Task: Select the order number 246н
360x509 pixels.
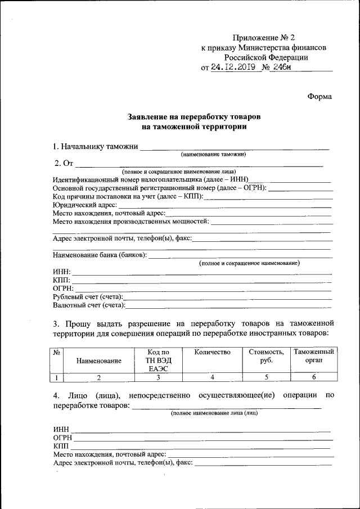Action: pos(285,67)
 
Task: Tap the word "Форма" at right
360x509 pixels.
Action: pos(319,96)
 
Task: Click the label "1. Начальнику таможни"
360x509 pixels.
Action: pos(95,147)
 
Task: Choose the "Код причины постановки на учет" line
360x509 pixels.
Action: pos(128,197)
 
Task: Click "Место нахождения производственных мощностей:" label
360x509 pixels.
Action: pos(130,222)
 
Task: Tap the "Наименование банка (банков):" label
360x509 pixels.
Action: pos(100,255)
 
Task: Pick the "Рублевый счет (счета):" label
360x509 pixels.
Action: pos(88,296)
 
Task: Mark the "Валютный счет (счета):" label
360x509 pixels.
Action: pos(89,305)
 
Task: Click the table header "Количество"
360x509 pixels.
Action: pos(212,352)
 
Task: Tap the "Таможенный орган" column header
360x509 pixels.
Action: pos(314,356)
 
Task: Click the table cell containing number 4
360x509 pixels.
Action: pos(212,377)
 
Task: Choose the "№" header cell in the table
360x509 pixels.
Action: pos(56,353)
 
